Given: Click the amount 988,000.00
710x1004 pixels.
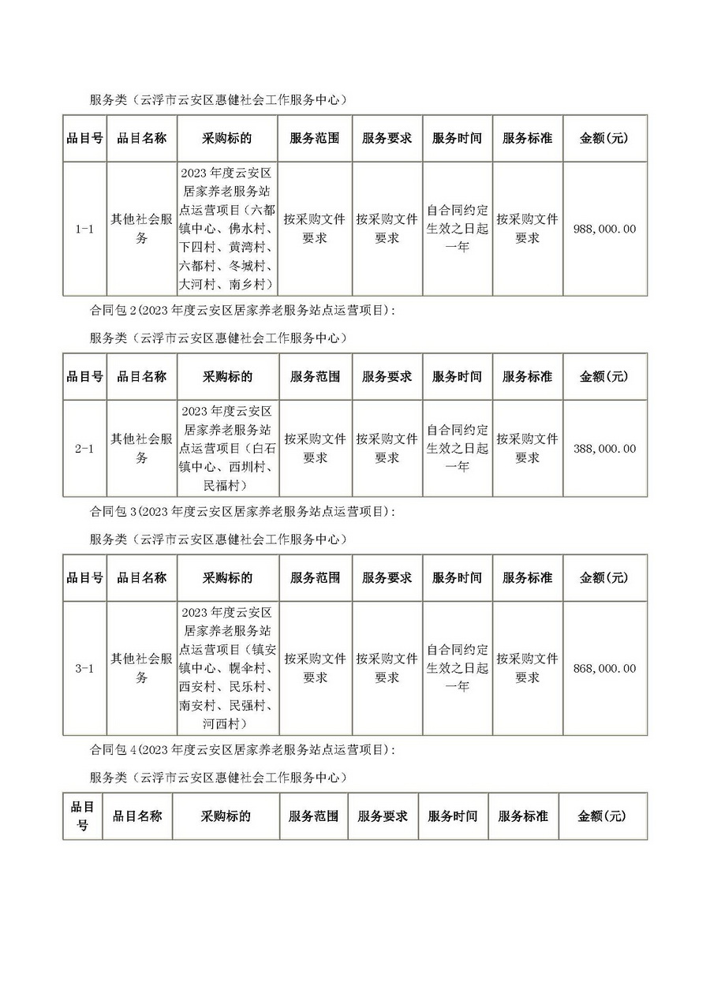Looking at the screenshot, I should pos(606,229).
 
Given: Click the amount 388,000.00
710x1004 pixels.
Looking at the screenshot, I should pos(606,449).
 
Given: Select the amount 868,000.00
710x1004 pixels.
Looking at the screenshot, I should pos(606,668).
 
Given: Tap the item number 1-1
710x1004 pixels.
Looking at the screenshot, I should pos(84,229).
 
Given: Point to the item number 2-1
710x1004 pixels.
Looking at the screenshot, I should pos(84,449).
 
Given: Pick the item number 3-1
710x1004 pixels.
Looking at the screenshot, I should pos(84,668).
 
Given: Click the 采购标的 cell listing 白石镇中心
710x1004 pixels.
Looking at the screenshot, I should pos(228,449).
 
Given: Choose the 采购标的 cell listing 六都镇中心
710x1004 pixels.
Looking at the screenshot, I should pos(228,229).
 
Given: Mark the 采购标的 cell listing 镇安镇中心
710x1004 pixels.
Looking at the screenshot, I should pos(228,668).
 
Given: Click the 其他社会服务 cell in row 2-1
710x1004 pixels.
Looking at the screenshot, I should pos(141,449).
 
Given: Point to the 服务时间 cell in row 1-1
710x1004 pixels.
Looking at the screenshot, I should pos(458,229).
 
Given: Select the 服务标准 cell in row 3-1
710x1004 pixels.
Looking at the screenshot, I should pos(527,668).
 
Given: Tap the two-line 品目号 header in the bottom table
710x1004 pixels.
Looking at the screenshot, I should pos(83,816).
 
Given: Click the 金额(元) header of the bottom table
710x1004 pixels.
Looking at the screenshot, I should pos(602,816).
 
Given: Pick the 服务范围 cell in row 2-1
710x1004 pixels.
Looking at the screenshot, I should pos(315,449).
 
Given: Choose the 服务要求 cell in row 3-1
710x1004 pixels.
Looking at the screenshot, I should pos(387,668).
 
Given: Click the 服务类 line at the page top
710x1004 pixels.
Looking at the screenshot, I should pos(219,99).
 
